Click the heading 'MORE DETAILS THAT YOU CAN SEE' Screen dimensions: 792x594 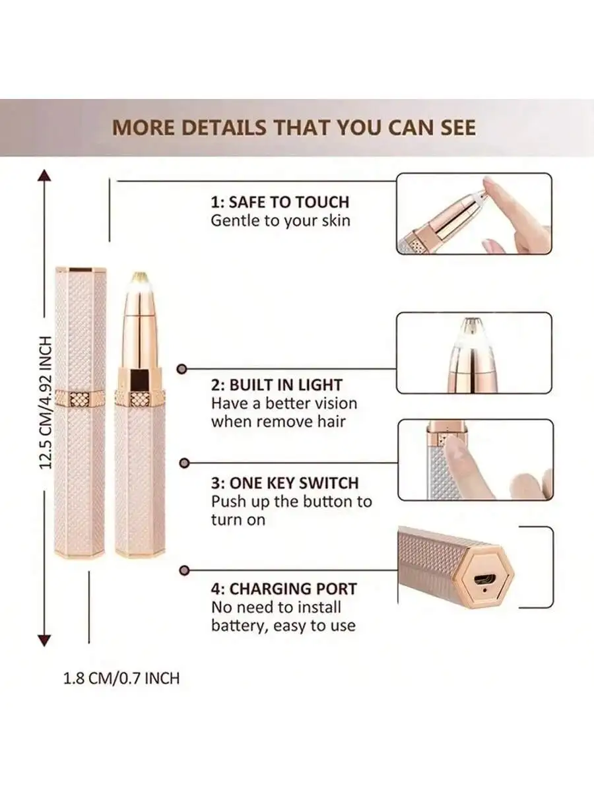pos(294,127)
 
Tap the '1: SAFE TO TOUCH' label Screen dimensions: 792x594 pos(280,202)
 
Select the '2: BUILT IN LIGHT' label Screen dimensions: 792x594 pos(277,385)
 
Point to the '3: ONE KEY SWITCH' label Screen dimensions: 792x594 pos(285,482)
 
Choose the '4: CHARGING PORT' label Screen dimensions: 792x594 pos(284,588)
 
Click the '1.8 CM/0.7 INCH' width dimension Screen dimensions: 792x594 pos(121,678)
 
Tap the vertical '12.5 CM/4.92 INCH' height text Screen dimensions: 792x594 pos(45,403)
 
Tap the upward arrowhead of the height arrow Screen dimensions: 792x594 pos(44,176)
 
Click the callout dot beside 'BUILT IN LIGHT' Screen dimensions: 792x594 pos(185,370)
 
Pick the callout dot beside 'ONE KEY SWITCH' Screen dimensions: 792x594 pos(185,463)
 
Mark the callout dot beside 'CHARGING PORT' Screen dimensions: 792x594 pos(185,570)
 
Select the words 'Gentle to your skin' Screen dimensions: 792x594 pos(280,220)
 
